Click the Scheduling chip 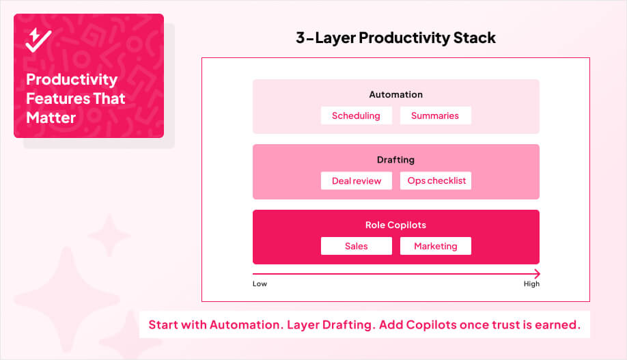(356, 115)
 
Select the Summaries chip (435, 115)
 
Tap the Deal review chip (356, 180)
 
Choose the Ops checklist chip (436, 180)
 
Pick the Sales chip (356, 246)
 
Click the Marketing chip (435, 246)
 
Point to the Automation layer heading (395, 94)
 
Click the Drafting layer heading (395, 160)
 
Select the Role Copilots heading (395, 225)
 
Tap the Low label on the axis (260, 283)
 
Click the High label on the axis (531, 283)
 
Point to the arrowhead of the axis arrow (537, 273)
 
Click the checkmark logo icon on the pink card (38, 40)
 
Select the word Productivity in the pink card (72, 79)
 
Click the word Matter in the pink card (51, 117)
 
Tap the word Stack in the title (474, 38)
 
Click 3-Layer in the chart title (324, 38)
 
